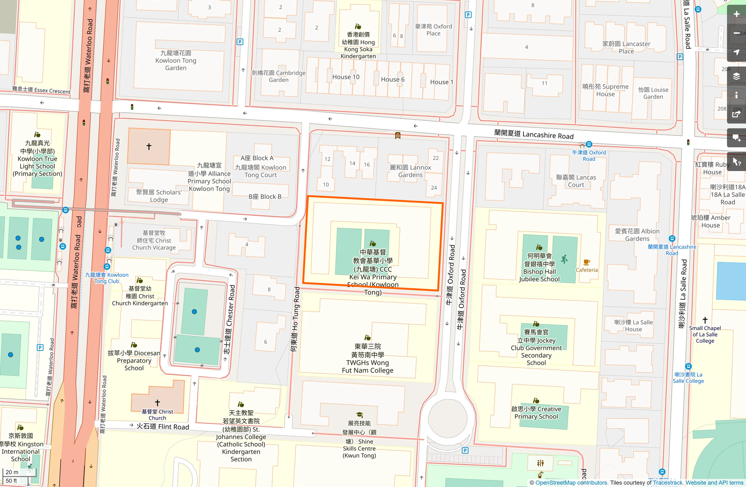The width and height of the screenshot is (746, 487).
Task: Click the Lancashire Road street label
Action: tap(533, 135)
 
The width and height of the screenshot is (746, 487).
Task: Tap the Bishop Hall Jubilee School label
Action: tap(539, 268)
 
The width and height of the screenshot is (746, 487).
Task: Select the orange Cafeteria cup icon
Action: tap(586, 262)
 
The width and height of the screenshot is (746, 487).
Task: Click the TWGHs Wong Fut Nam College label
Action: tap(367, 358)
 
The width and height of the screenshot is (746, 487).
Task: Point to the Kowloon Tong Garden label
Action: tap(176, 61)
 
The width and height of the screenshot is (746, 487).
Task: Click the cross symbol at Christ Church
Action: tap(157, 403)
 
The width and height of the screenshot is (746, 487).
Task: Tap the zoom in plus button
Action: tap(736, 14)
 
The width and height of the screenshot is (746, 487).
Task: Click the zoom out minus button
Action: tap(736, 33)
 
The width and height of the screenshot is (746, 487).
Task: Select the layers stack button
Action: tap(736, 76)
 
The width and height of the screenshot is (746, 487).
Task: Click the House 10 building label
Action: tap(346, 77)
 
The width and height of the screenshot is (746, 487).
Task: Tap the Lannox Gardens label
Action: tap(410, 171)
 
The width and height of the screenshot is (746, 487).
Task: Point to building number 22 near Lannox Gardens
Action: tap(436, 158)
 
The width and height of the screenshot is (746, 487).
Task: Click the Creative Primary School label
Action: tap(536, 413)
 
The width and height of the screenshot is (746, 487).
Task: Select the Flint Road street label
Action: tap(163, 426)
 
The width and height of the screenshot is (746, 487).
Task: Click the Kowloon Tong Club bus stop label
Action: tap(107, 278)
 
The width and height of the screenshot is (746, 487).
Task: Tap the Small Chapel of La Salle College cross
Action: tap(705, 320)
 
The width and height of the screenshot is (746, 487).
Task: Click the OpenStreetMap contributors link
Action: tap(571, 483)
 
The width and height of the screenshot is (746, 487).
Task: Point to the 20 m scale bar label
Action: tap(12, 472)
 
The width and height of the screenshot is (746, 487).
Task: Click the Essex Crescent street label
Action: tap(41, 90)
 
